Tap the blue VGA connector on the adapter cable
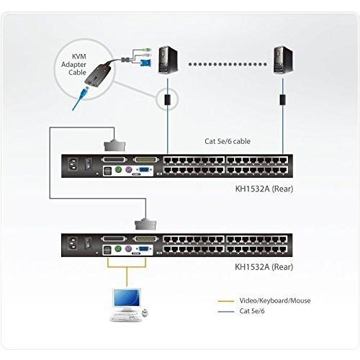(145, 63)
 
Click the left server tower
(168, 60)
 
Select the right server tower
(283, 60)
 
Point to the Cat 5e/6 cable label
(228, 141)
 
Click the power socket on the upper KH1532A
(73, 165)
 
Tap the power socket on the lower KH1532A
(73, 244)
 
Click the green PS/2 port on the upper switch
(118, 170)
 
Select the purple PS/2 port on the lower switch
(129, 248)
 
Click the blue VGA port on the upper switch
(143, 170)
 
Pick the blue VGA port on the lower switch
(143, 248)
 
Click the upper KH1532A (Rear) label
(264, 189)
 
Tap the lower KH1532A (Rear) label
(264, 266)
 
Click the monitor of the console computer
(127, 298)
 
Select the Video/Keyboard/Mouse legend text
(275, 300)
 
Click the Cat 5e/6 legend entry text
(252, 311)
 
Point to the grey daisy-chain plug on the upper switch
(114, 145)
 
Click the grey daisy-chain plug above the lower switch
(145, 224)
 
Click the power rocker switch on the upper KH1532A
(89, 164)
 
